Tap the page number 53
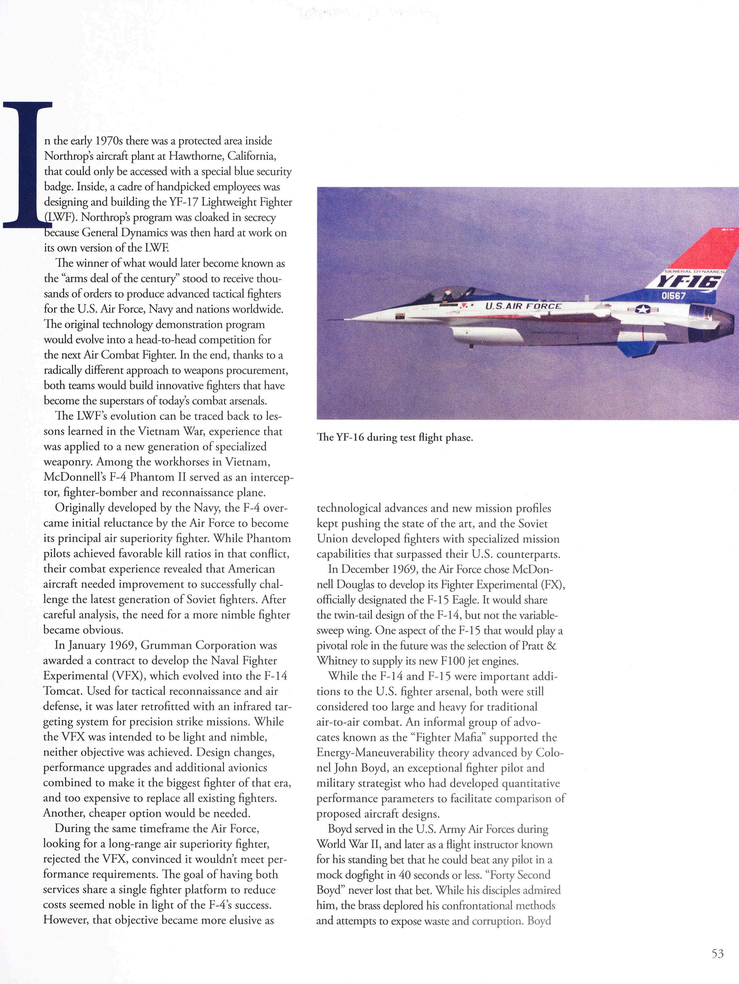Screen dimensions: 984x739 tap(717, 953)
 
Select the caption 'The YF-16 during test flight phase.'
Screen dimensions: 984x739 tap(395, 437)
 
